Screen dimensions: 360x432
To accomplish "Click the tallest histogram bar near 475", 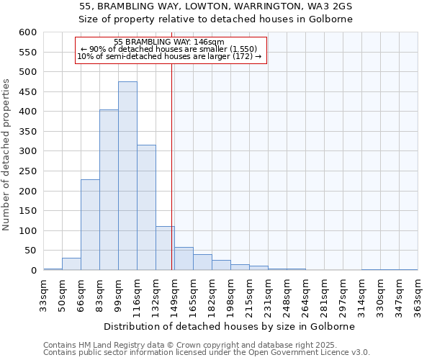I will [x=127, y=176].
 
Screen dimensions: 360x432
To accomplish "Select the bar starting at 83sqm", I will [x=109, y=190].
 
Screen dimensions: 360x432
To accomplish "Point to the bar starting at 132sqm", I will [x=165, y=248].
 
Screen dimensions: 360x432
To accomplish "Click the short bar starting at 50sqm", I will [x=71, y=264].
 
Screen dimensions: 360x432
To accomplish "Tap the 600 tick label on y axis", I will [x=27, y=32].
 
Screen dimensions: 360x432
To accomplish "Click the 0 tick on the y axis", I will [x=33, y=271].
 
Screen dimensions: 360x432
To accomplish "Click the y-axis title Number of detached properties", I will [x=7, y=155].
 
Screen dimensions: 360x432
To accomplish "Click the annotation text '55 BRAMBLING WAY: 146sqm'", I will [x=170, y=42].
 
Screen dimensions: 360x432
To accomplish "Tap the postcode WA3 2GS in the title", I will [x=333, y=6].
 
